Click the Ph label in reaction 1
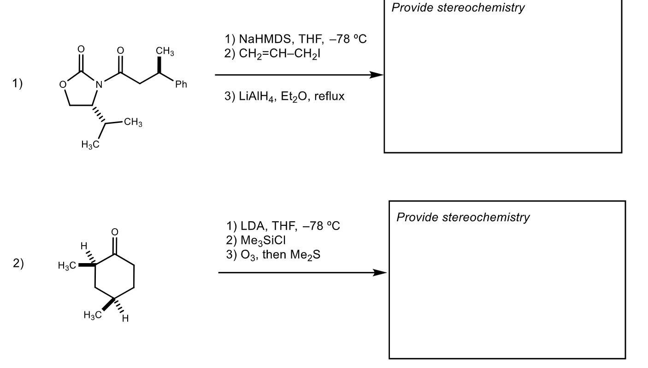pyautogui.click(x=181, y=85)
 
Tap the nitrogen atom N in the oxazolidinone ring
pyautogui.click(x=98, y=85)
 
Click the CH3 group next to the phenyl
pyautogui.click(x=165, y=52)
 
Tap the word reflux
pyautogui.click(x=330, y=97)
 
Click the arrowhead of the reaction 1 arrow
pyautogui.click(x=378, y=75)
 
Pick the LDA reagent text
pyautogui.click(x=252, y=226)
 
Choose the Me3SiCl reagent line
pyautogui.click(x=263, y=241)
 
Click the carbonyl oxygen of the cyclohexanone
pyautogui.click(x=115, y=232)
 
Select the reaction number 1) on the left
pyautogui.click(x=18, y=83)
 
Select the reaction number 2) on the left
pyautogui.click(x=18, y=264)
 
